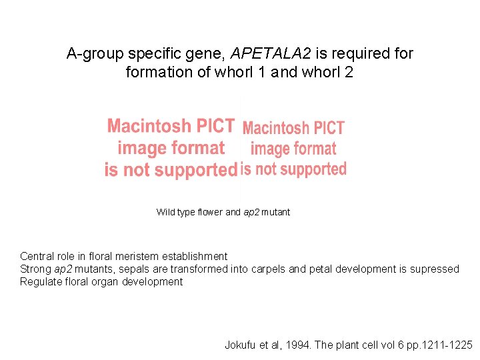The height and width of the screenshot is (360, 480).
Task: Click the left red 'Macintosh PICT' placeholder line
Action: tap(171, 126)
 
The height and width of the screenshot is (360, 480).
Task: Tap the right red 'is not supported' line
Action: tap(293, 169)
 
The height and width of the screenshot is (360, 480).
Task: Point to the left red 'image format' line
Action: tap(171, 147)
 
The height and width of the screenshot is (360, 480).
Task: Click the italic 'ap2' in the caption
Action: tap(251, 212)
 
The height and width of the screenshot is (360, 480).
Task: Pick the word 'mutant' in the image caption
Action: tap(276, 212)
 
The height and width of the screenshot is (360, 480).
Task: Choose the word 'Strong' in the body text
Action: tap(36, 269)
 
